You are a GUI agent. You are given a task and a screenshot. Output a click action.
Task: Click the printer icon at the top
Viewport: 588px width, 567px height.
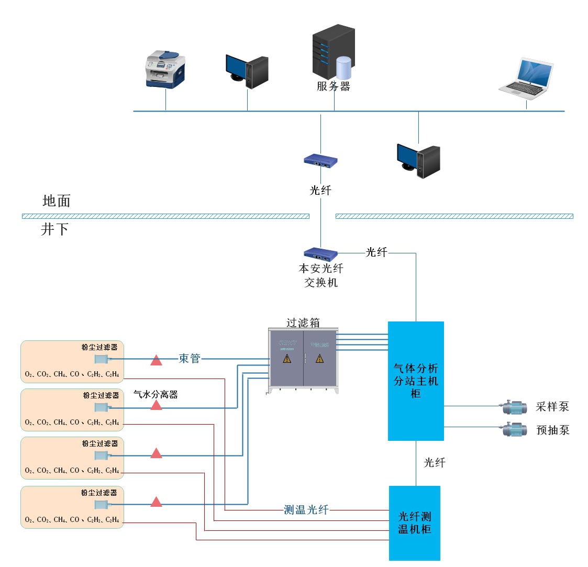click(165, 69)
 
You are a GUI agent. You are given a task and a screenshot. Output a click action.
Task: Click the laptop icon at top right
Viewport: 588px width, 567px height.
click(526, 79)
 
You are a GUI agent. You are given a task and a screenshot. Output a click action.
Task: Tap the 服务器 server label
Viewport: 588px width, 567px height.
click(333, 86)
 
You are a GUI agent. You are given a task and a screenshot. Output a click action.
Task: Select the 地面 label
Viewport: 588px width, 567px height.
click(57, 201)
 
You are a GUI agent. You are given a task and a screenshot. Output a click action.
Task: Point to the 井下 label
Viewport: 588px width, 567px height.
click(54, 229)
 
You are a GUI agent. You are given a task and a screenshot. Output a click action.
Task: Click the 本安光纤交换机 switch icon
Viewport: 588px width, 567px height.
click(320, 254)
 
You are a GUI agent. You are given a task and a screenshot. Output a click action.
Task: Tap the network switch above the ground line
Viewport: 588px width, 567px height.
click(320, 161)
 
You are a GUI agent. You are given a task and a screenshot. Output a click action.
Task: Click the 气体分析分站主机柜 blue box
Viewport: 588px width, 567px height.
click(416, 381)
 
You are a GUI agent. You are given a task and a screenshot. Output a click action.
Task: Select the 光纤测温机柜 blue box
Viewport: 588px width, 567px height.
click(415, 523)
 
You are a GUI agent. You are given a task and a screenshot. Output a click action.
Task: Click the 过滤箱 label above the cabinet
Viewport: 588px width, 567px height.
click(303, 323)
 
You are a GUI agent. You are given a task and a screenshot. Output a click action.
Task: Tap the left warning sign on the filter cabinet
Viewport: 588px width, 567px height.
click(287, 359)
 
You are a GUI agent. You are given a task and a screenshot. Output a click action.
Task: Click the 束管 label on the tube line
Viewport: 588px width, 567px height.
click(190, 359)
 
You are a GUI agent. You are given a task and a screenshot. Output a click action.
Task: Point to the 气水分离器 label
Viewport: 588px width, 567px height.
click(156, 395)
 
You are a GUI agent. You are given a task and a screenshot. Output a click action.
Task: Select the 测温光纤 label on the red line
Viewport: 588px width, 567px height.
click(306, 509)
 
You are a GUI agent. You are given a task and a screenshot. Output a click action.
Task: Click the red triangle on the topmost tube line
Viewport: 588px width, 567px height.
click(156, 360)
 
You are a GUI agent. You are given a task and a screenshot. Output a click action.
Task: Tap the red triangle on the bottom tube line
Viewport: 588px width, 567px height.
click(156, 502)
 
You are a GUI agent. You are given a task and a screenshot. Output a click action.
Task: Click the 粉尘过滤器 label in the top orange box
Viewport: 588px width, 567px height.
click(99, 347)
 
